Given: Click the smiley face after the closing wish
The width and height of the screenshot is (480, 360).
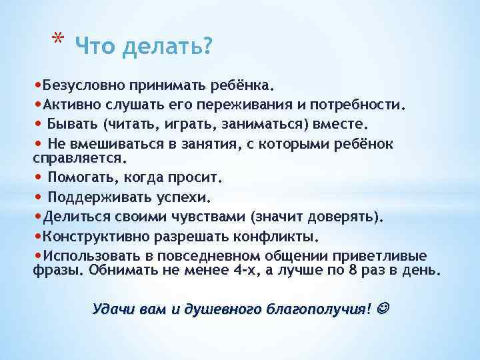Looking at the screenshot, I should click(384, 309).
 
